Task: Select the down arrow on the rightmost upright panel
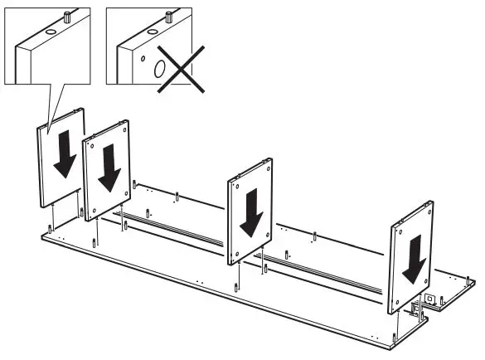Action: [415, 258]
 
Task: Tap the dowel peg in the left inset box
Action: [66, 15]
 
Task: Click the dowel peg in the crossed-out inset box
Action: [168, 15]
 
